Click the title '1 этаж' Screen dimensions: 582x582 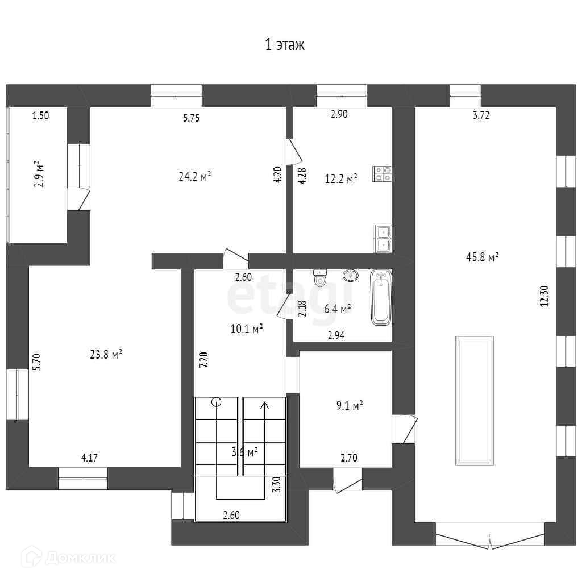pyautogui.click(x=285, y=45)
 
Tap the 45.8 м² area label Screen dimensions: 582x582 pyautogui.click(x=482, y=257)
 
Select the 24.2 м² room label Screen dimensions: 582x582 pyautogui.click(x=195, y=176)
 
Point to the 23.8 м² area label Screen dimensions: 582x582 pyautogui.click(x=106, y=355)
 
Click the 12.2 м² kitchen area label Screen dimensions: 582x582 pyautogui.click(x=341, y=179)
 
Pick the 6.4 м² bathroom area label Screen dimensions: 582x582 pyautogui.click(x=337, y=309)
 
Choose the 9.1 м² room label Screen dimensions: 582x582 pyautogui.click(x=349, y=406)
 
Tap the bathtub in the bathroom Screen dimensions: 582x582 pyautogui.click(x=381, y=298)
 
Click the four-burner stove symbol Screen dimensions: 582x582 pyautogui.click(x=383, y=174)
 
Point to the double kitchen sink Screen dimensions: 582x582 pyautogui.click(x=383, y=238)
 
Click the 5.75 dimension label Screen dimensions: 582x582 pyautogui.click(x=191, y=118)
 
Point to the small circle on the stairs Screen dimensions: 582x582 pyautogui.click(x=217, y=402)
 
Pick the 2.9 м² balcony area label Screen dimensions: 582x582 pyautogui.click(x=39, y=174)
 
